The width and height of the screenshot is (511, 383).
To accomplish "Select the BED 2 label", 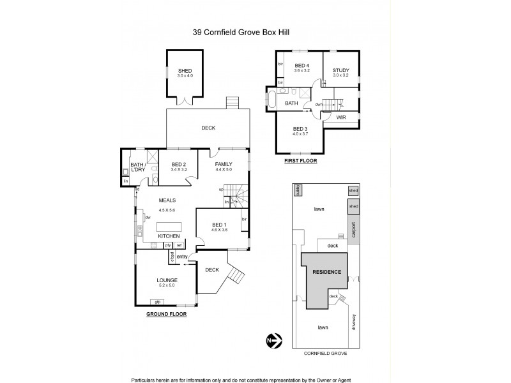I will click(179, 165).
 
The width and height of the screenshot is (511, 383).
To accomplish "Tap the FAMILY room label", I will click(224, 165).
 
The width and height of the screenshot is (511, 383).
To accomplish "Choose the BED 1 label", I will click(220, 224).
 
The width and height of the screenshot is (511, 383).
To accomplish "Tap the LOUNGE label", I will click(167, 280).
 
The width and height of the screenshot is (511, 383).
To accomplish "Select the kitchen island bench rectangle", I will click(168, 227).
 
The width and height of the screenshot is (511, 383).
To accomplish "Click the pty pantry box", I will click(168, 245).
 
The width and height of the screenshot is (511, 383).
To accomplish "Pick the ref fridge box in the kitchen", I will click(179, 245).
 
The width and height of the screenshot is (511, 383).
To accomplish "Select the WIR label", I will click(341, 117).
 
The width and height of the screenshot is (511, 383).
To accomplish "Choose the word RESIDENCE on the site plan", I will click(326, 272).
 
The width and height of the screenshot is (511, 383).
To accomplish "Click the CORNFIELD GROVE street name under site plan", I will click(325, 352).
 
